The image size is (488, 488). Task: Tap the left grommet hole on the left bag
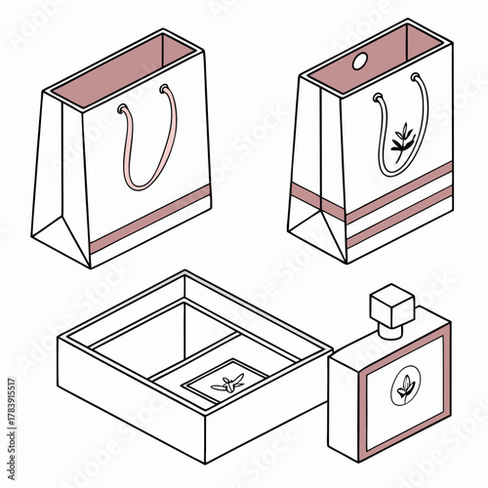121,110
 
